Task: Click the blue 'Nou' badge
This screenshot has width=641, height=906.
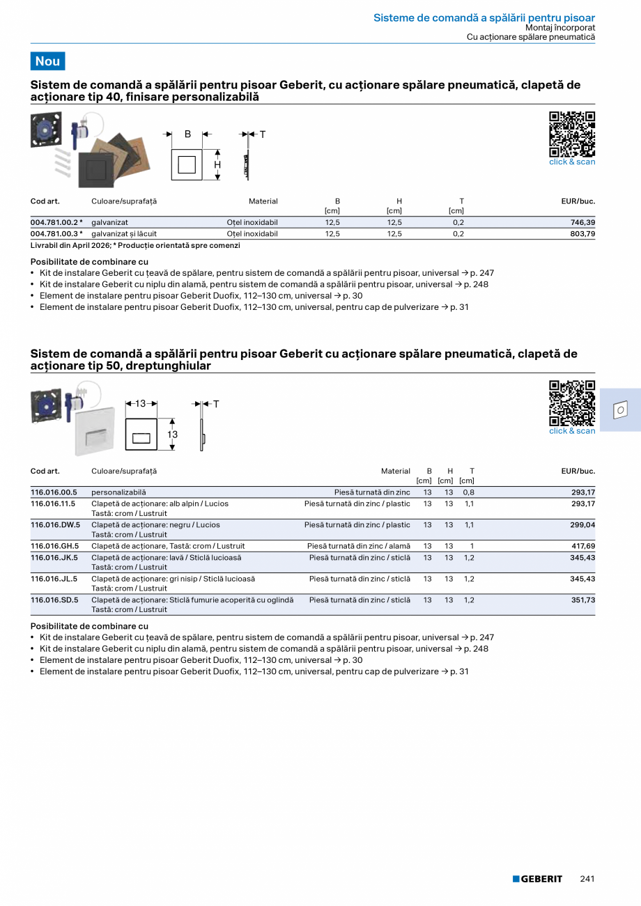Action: coord(47,61)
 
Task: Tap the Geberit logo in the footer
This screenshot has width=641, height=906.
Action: coord(537,879)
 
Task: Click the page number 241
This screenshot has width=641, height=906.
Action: coord(587,879)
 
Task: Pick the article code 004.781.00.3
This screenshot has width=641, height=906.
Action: coord(56,234)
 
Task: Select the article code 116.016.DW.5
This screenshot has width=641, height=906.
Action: coord(55,525)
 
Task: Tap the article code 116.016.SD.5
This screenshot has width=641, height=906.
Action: coord(54,600)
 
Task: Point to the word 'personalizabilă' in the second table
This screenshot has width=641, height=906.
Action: coord(118,492)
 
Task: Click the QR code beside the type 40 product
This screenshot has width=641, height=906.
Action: coord(572,134)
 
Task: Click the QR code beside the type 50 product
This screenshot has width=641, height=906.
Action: coord(572,403)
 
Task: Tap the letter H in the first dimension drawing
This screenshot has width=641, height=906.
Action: coord(217,165)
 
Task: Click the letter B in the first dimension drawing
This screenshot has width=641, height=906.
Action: coord(187,134)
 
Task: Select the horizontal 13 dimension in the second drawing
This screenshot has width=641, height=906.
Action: coord(141,404)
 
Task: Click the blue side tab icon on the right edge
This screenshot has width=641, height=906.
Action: coord(619,410)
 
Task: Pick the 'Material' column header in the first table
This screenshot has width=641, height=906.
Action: coord(263,201)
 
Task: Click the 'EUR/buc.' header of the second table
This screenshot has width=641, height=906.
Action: coord(578,471)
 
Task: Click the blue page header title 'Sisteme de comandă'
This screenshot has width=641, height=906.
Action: coord(484,17)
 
